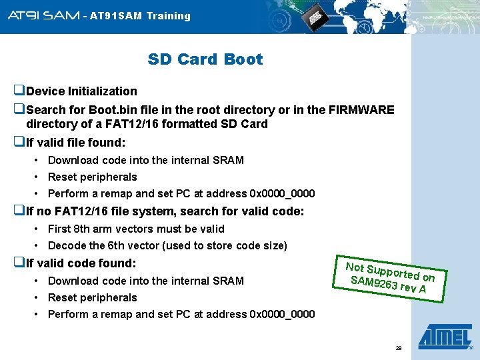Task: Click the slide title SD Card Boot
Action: point(205,59)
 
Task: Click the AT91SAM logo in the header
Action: point(43,15)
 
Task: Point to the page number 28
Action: point(399,348)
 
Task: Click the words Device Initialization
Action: point(81,91)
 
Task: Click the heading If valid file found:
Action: point(75,143)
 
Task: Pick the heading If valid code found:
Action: point(81,263)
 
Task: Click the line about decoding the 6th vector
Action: point(167,245)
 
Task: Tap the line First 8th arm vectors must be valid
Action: point(136,229)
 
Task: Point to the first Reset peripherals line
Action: point(92,177)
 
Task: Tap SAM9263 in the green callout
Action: point(373,283)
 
